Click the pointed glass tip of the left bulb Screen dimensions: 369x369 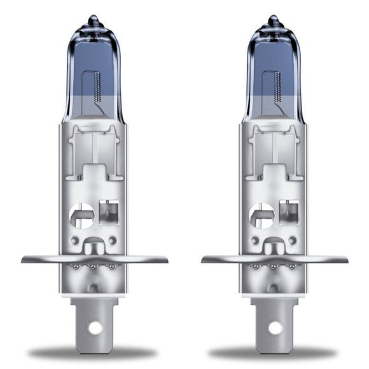(x=94, y=19)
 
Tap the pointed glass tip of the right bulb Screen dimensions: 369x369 (x=274, y=19)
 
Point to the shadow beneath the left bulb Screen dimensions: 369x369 (x=94, y=353)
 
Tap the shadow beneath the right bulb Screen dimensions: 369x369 (x=274, y=353)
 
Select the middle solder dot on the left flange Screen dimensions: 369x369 (x=95, y=267)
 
